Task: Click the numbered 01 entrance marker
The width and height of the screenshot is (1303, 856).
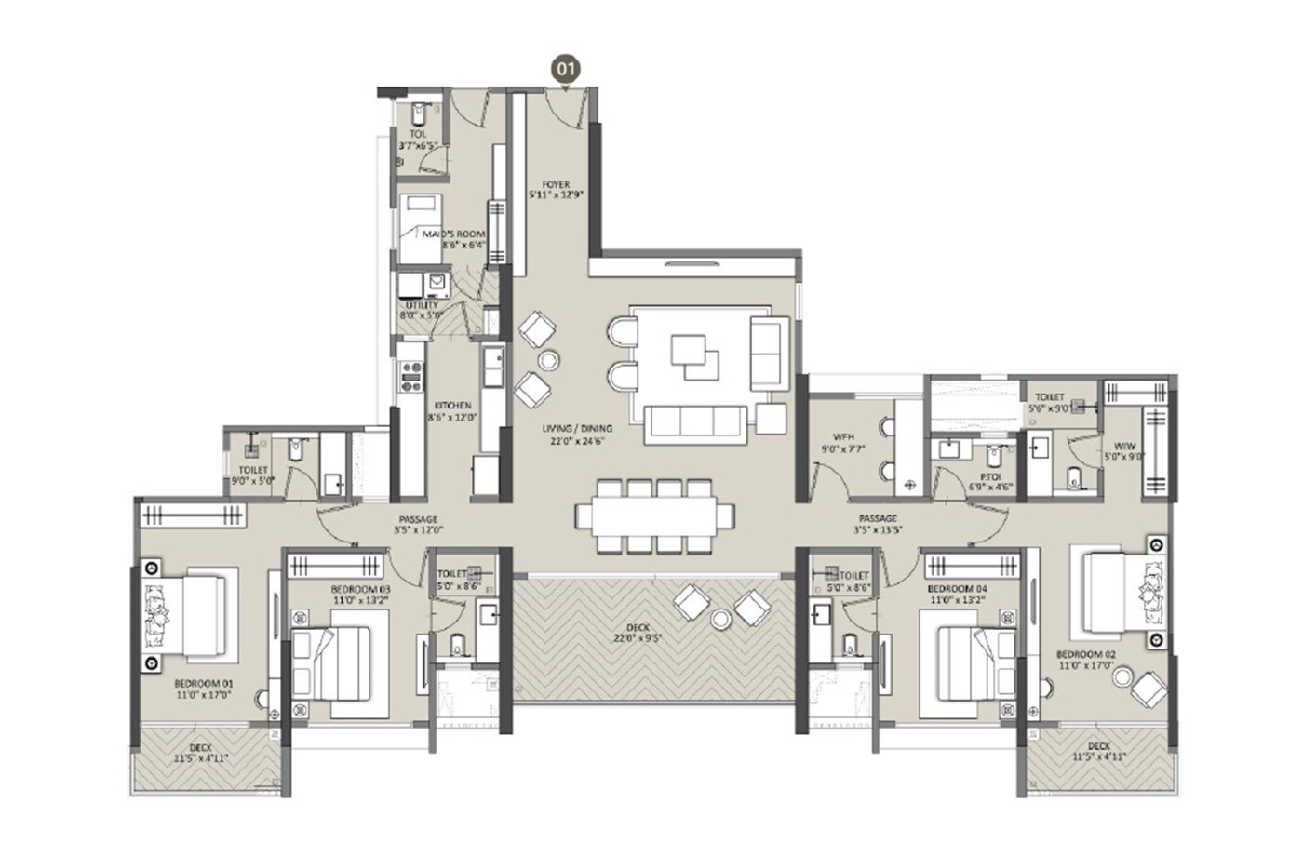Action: pyautogui.click(x=566, y=69)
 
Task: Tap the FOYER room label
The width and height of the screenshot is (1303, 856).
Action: pyautogui.click(x=556, y=185)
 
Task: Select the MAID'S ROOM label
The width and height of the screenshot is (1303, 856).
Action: pyautogui.click(x=454, y=234)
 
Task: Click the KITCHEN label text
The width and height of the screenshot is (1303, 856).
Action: pyautogui.click(x=452, y=407)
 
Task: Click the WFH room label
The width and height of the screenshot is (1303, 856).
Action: pyautogui.click(x=842, y=436)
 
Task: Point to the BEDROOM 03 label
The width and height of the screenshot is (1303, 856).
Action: pyautogui.click(x=360, y=590)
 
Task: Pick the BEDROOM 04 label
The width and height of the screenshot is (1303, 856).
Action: pyautogui.click(x=957, y=590)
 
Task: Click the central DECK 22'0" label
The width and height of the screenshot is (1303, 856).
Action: pyautogui.click(x=638, y=628)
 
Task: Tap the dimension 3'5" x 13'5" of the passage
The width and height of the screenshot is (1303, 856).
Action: pyautogui.click(x=878, y=530)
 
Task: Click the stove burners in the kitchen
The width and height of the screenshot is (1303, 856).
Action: pyautogui.click(x=410, y=375)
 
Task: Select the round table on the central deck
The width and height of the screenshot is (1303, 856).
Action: pyautogui.click(x=720, y=618)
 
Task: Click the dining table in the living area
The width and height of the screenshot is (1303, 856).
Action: pyautogui.click(x=654, y=515)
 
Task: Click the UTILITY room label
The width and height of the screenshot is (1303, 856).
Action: pyautogui.click(x=422, y=305)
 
